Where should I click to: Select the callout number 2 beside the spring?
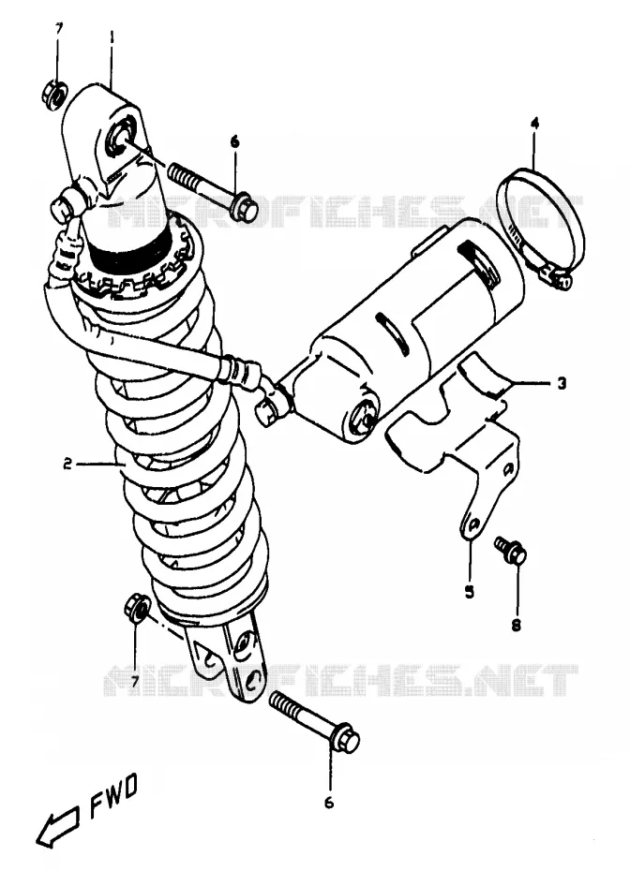tap(67, 464)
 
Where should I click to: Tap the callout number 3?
tap(562, 383)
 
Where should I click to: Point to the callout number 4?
tap(534, 123)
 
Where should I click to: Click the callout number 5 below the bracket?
tap(470, 592)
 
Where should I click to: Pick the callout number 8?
tap(516, 626)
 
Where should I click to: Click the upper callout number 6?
tap(234, 142)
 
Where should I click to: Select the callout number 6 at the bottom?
tap(329, 803)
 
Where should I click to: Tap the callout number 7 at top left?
tap(59, 28)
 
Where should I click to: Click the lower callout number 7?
tap(135, 681)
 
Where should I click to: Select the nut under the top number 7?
tap(54, 95)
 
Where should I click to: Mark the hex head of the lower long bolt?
tap(345, 738)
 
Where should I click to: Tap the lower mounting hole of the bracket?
tap(472, 524)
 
